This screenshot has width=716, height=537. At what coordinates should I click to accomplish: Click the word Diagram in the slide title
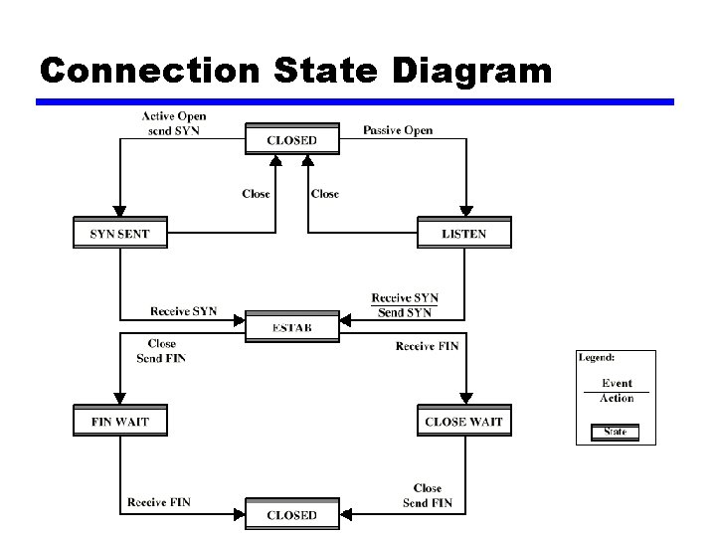click(472, 71)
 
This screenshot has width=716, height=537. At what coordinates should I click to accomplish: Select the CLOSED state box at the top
click(292, 140)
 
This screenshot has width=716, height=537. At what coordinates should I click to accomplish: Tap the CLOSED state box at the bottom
click(292, 514)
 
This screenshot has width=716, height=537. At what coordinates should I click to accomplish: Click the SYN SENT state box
click(119, 234)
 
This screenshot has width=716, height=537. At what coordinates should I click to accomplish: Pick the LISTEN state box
click(464, 234)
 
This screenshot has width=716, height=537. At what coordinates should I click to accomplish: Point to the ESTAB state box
click(292, 327)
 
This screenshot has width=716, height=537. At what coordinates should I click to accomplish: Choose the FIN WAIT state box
click(119, 421)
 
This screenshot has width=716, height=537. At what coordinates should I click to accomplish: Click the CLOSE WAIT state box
click(463, 421)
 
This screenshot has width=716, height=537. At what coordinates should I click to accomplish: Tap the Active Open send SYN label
click(174, 124)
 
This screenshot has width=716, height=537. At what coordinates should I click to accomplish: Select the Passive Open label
click(398, 130)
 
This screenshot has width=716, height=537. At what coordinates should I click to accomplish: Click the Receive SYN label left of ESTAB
click(184, 311)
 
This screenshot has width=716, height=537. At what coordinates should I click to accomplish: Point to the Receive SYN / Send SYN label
click(405, 305)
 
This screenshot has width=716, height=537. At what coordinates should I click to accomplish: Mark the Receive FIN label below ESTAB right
click(427, 346)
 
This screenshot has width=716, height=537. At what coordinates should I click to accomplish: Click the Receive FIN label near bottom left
click(159, 503)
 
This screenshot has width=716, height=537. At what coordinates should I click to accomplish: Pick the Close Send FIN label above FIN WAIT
click(161, 351)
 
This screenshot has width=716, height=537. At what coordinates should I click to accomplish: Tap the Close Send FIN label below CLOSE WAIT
click(428, 495)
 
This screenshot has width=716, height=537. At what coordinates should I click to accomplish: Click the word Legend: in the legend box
click(597, 357)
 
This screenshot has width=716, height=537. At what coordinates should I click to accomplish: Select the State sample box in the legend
click(616, 432)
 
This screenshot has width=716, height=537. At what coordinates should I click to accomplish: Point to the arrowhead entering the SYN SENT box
click(119, 210)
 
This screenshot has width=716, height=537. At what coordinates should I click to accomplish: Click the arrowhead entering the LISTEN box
click(464, 210)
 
